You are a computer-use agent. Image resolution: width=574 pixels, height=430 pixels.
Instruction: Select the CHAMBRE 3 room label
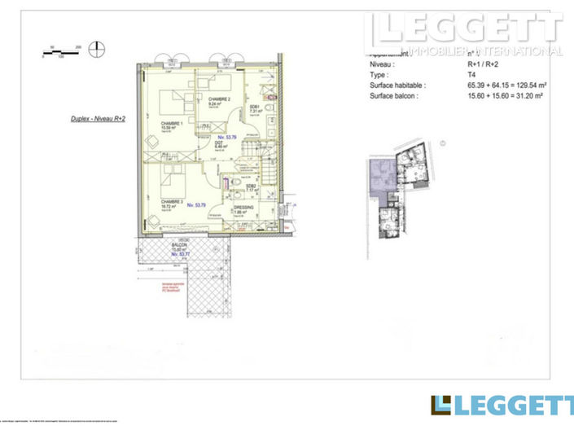pos(171,201)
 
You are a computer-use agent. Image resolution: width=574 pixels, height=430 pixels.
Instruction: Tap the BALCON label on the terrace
pos(179,245)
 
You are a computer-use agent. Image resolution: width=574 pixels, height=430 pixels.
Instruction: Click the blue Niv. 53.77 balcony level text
pos(179,255)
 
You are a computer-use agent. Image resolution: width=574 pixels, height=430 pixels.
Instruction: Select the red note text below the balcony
pos(170,286)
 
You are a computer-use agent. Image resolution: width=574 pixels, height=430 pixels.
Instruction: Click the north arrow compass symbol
pos(99,47)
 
